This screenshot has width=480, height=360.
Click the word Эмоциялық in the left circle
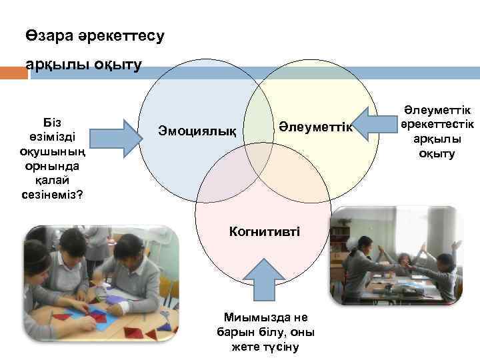click(x=197, y=129)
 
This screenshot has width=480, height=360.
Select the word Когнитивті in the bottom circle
click(x=264, y=231)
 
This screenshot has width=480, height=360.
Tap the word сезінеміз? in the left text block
click(x=52, y=195)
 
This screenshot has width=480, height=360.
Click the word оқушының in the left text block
click(x=52, y=152)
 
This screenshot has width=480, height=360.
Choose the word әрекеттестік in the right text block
click(x=437, y=125)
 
